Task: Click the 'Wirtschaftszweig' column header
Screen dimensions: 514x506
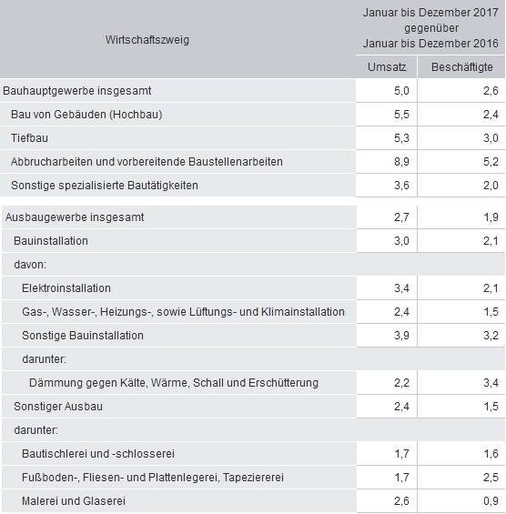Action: click(x=147, y=39)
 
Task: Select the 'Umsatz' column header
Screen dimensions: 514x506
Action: click(x=385, y=67)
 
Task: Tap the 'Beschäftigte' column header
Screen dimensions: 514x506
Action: click(x=460, y=67)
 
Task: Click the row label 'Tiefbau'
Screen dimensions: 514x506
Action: click(x=31, y=137)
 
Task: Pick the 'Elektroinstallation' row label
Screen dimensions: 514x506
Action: click(x=66, y=288)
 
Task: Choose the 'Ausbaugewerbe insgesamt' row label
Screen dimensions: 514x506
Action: click(x=75, y=217)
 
